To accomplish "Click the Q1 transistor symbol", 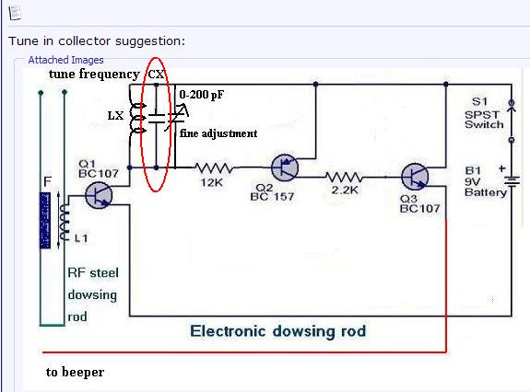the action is (99, 195).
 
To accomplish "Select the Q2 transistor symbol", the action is (285, 167).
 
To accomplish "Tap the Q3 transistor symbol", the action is (415, 177).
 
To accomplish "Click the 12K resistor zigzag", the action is (214, 167).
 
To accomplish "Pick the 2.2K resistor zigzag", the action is (344, 177).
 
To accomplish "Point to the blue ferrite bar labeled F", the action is (45, 220).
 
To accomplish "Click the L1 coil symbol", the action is (65, 221).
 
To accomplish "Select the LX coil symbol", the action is (137, 118).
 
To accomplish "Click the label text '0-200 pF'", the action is (202, 95).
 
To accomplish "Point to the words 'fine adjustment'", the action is (218, 133).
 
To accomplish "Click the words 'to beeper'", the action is (75, 372).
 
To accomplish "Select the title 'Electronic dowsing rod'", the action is (277, 331).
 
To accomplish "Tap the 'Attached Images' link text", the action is (66, 60).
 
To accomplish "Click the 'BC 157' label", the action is (272, 197).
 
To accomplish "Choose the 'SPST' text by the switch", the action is (482, 115).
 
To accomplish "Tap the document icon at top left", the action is (15, 13).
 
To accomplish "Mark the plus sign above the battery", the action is (502, 168).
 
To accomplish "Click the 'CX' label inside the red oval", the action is (156, 74).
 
